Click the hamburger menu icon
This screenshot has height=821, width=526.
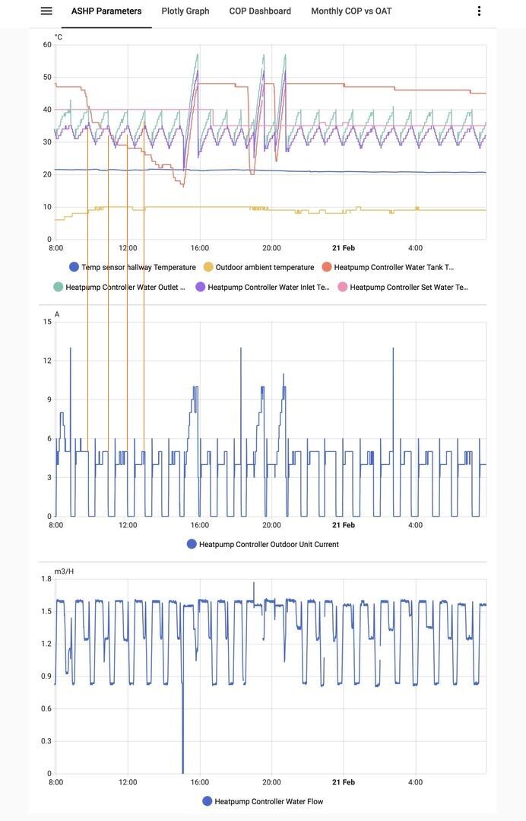point(46,11)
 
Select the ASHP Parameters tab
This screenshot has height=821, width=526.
point(106,11)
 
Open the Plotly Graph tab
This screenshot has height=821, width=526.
point(185,11)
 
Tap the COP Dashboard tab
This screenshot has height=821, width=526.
point(260,11)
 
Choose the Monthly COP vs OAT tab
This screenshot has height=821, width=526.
point(351,11)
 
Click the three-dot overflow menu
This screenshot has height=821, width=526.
point(479,11)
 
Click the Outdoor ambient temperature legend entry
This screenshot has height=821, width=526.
point(258,268)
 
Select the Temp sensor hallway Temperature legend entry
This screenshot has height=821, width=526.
point(133,268)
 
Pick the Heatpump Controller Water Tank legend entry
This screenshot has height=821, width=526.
point(388,268)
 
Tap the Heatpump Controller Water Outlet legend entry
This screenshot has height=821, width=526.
point(119,288)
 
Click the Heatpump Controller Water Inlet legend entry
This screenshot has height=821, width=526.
point(262,288)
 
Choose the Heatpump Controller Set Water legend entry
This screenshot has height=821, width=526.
point(403,288)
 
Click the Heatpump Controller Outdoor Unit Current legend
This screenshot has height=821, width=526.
point(263,545)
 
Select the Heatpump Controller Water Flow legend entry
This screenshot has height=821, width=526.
point(263,802)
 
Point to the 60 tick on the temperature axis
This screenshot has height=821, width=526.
point(47,45)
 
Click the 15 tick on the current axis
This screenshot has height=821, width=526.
point(47,322)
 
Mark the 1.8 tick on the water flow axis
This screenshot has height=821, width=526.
point(46,579)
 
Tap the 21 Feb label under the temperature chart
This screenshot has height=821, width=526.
point(344,248)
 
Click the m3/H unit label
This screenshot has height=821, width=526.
point(64,571)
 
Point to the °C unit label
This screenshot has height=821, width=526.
point(59,37)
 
